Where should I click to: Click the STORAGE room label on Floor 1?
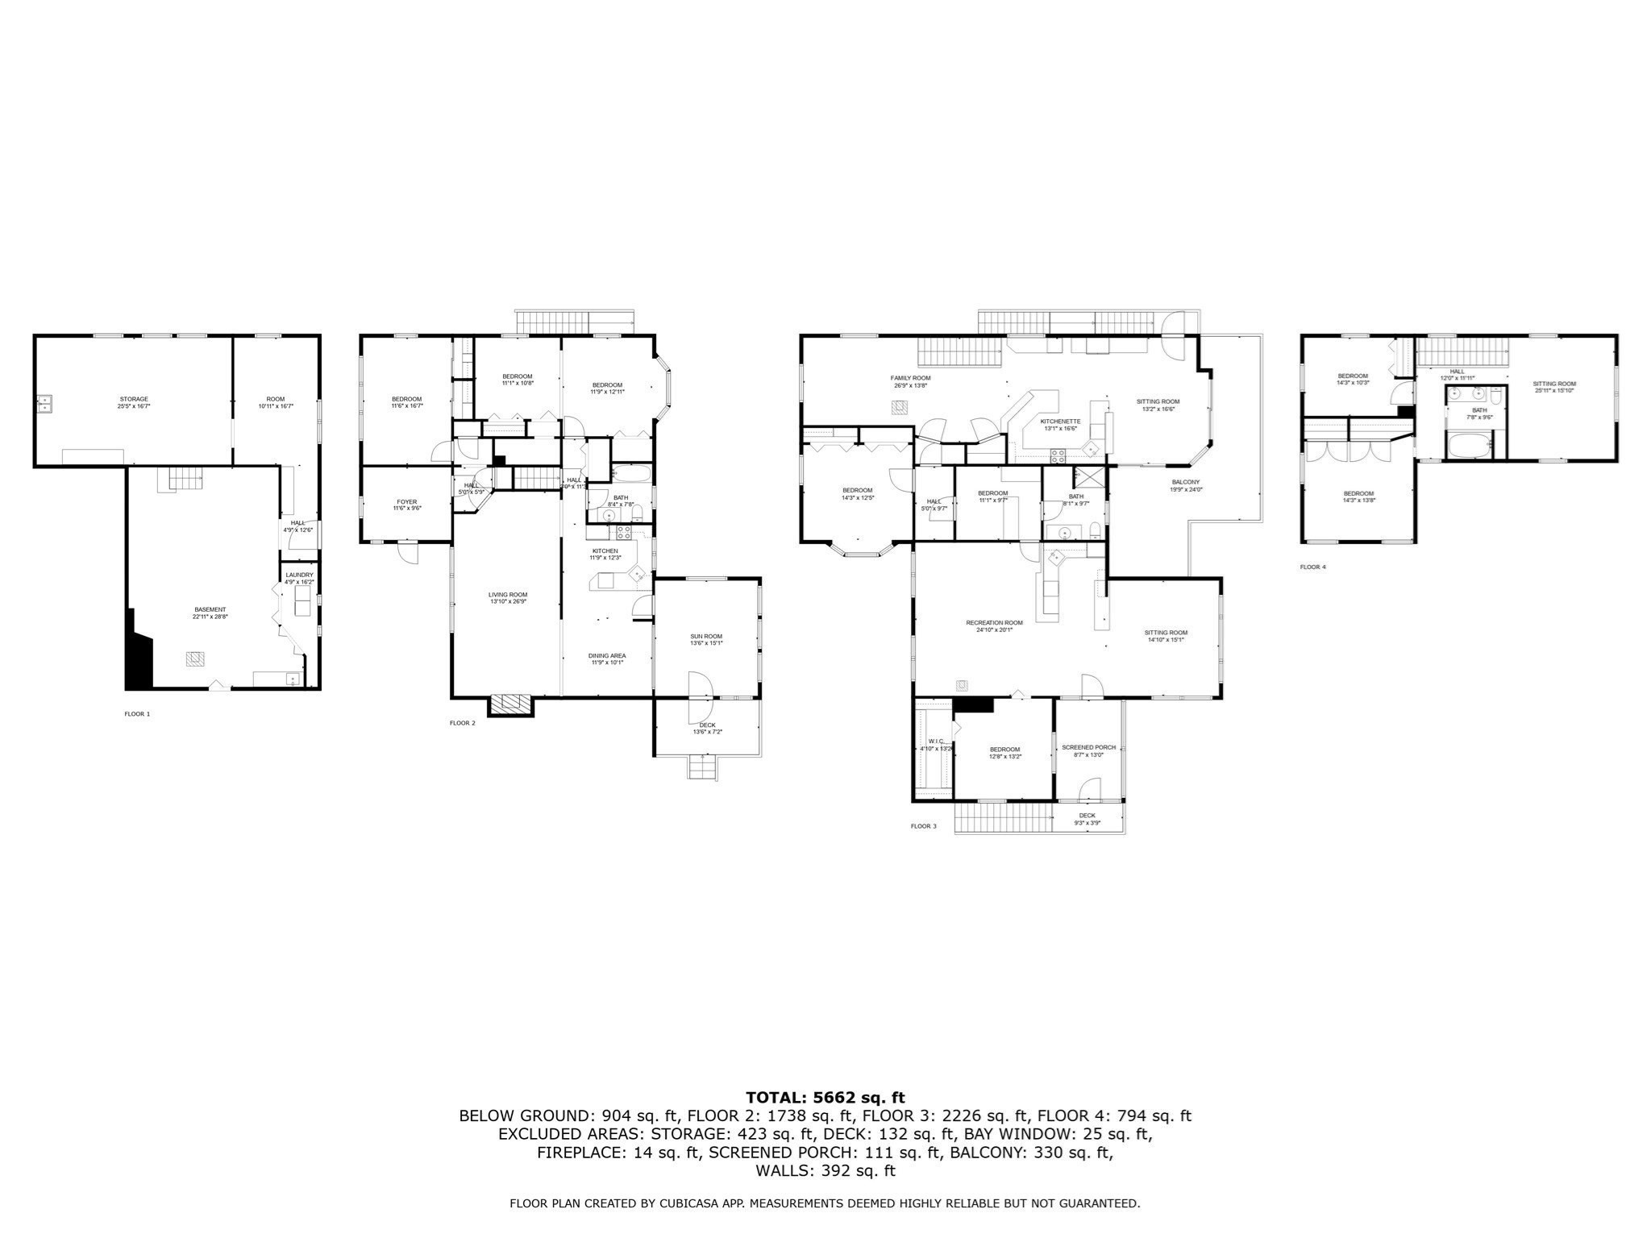[x=134, y=399]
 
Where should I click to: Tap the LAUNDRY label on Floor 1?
[x=299, y=575]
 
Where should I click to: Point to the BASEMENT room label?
[x=210, y=609]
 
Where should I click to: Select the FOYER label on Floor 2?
[x=406, y=502]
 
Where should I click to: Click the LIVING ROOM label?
[x=508, y=594]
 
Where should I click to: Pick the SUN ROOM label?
[x=706, y=636]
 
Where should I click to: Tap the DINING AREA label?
[x=606, y=655]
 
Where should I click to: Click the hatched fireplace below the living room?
[x=512, y=704]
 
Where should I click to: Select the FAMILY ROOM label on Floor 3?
[x=910, y=378]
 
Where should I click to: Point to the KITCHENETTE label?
[x=1060, y=422]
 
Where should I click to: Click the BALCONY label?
[x=1186, y=482]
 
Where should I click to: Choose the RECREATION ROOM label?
[x=994, y=622]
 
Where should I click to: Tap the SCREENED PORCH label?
[x=1088, y=747]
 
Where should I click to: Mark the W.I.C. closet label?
[x=936, y=741]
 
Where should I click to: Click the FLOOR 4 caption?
[x=1312, y=567]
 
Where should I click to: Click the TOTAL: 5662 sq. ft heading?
[x=825, y=1097]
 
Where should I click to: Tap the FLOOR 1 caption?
[x=137, y=713]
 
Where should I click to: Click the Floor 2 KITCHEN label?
[x=605, y=550]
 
